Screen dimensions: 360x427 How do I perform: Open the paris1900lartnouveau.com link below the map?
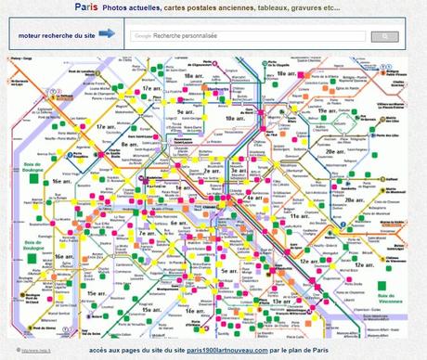226,350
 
